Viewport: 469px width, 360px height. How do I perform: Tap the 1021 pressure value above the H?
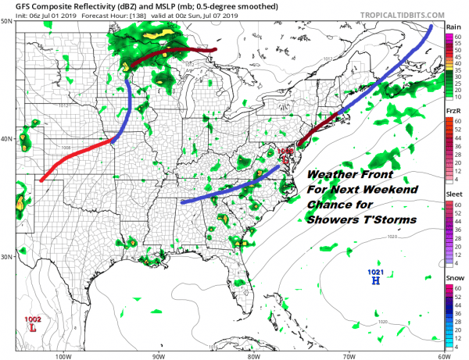(376, 271)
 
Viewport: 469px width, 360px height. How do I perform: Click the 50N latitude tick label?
(7, 22)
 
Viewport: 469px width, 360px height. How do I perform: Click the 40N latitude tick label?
(7, 139)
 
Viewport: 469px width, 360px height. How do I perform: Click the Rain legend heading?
(452, 27)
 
